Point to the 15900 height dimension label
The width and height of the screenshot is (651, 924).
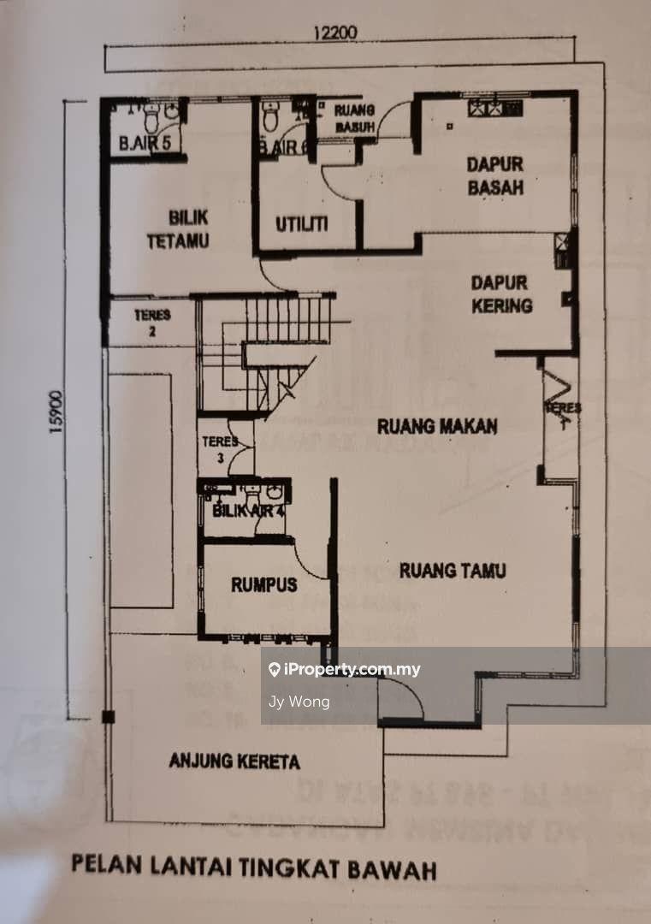click(57, 414)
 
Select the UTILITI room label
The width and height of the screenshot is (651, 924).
click(302, 224)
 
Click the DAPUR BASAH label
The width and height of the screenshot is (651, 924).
click(495, 175)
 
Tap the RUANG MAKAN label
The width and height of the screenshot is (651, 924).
click(437, 425)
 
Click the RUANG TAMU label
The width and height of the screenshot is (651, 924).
click(452, 571)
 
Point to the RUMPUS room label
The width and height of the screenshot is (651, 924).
click(263, 585)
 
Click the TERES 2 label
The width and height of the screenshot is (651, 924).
click(152, 322)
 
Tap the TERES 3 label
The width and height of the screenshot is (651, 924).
click(215, 450)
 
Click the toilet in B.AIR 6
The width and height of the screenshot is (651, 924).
click(270, 116)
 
